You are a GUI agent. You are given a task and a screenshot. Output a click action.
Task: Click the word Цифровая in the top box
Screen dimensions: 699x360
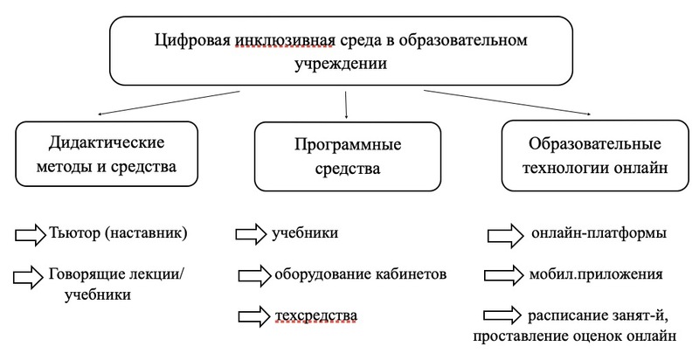tap(192, 40)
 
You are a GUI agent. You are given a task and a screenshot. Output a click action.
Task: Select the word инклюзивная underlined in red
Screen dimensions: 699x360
tap(284, 40)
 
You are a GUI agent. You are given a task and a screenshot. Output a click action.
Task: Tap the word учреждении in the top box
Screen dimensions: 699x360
tap(341, 64)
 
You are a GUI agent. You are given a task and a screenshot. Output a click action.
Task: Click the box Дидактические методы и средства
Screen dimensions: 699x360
tap(107, 154)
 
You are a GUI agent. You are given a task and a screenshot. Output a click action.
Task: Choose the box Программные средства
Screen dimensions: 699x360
tap(348, 156)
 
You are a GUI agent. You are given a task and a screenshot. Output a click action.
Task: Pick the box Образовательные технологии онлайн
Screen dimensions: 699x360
tap(595, 156)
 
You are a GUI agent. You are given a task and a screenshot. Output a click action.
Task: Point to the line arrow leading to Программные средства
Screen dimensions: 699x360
tap(346, 105)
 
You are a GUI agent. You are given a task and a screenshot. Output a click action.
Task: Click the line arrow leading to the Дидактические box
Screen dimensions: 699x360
tap(169, 103)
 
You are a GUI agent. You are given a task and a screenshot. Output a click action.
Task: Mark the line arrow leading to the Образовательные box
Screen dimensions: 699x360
tap(508, 102)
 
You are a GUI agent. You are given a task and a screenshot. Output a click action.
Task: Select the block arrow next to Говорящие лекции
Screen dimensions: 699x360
tap(29, 277)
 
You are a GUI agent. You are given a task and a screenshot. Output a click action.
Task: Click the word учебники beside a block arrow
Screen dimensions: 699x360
tap(305, 233)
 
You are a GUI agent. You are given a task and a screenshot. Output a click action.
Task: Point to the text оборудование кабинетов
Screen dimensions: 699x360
tap(360, 273)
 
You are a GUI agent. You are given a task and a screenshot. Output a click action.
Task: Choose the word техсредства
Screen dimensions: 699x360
tap(316, 315)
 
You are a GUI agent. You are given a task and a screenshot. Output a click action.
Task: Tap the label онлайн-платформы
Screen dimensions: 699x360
tap(599, 233)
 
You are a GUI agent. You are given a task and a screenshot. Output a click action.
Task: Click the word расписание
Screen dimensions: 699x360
tap(564, 316)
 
